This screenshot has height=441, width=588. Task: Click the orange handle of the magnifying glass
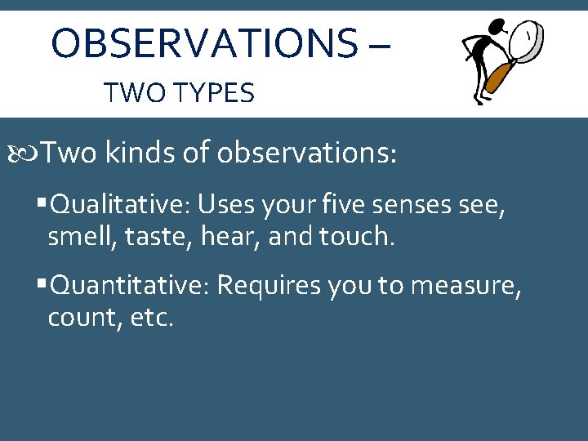point(497,78)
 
